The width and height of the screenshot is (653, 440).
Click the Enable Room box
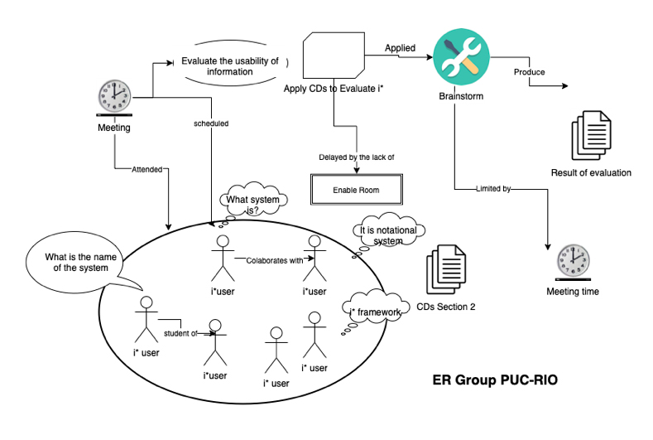click(x=356, y=190)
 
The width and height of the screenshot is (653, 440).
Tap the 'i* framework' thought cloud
click(x=377, y=311)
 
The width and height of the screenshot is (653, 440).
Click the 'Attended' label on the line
click(x=146, y=170)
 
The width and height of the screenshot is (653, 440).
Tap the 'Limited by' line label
click(x=494, y=189)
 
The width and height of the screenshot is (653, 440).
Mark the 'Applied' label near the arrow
click(x=401, y=48)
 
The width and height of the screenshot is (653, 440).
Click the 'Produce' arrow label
click(x=530, y=72)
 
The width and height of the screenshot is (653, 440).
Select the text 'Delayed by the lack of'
click(x=356, y=157)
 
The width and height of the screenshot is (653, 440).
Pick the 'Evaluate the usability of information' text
click(x=229, y=66)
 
